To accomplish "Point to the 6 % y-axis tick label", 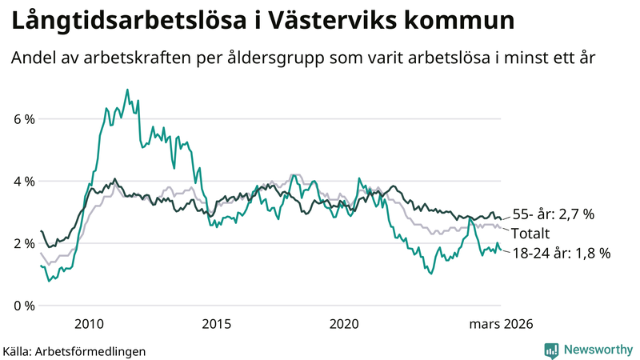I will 22,119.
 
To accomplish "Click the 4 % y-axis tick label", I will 22,182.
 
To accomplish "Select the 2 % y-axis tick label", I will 22,243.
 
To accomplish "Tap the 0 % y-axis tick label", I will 22,306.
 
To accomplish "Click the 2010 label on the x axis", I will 89,323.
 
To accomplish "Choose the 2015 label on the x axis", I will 217,323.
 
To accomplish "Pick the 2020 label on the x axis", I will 345,323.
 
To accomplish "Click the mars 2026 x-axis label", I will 501,323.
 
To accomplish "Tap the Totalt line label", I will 530,234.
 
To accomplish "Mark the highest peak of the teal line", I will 127,90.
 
